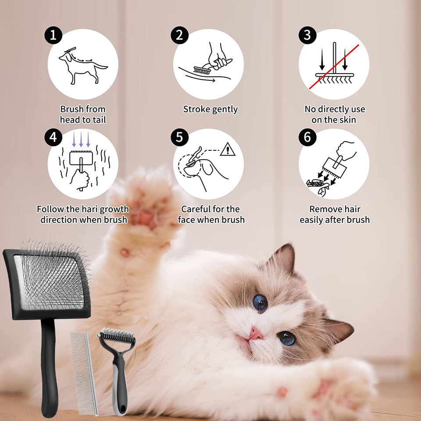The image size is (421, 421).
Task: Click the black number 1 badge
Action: [53, 35]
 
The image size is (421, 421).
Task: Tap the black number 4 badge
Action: [53, 137]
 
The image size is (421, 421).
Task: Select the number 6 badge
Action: [307, 137]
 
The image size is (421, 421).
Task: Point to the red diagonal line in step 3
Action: [334, 67]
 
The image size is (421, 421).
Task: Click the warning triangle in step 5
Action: [228, 150]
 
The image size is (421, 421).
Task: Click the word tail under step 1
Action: [100, 120]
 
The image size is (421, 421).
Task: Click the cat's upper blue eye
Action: [260, 303]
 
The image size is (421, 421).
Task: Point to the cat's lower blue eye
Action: [287, 338]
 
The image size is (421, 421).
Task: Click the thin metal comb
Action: [84, 373]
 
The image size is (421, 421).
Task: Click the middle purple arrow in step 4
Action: [81, 139]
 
